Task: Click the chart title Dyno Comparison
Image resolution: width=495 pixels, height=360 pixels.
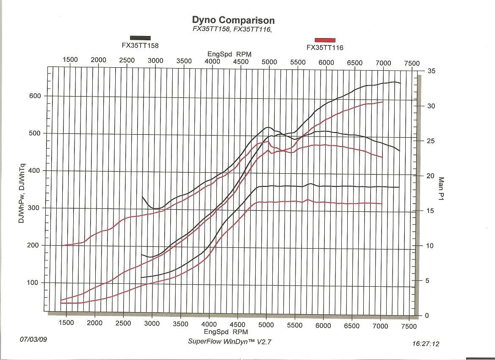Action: (x=233, y=20)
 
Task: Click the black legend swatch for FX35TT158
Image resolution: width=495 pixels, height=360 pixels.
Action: (x=140, y=38)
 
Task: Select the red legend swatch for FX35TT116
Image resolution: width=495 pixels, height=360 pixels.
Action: (x=325, y=40)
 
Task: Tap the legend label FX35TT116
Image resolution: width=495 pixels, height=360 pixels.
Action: (x=325, y=48)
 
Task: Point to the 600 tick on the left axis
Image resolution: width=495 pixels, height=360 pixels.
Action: (x=35, y=96)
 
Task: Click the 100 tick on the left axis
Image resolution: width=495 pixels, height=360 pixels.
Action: (x=35, y=282)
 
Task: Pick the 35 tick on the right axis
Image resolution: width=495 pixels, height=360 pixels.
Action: (x=431, y=71)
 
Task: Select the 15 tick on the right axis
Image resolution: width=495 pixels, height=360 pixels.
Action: (x=431, y=211)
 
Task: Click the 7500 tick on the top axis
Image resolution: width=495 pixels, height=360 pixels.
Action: (x=412, y=63)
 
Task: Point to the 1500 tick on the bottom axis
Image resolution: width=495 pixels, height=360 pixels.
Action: (x=66, y=323)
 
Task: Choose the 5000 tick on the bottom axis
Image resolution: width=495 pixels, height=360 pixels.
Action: (x=266, y=324)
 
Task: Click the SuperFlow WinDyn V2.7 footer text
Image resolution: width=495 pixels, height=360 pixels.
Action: (x=229, y=341)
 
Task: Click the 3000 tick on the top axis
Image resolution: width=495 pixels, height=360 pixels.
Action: (x=155, y=60)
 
